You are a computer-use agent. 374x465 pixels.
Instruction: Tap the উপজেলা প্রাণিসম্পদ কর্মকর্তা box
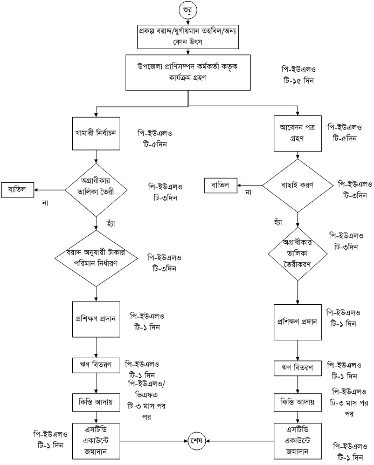pyautogui.click(x=188, y=72)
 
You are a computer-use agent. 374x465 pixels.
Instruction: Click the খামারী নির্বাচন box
pyautogui.click(x=96, y=131)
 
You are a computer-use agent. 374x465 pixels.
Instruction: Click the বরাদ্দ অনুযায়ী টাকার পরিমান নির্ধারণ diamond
pyautogui.click(x=96, y=257)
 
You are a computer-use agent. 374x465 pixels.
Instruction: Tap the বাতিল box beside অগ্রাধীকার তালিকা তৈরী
pyautogui.click(x=18, y=189)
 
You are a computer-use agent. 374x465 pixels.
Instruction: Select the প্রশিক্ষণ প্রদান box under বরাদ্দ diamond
pyautogui.click(x=96, y=319)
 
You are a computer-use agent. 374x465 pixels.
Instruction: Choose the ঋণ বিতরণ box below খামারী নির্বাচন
pyautogui.click(x=96, y=365)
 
